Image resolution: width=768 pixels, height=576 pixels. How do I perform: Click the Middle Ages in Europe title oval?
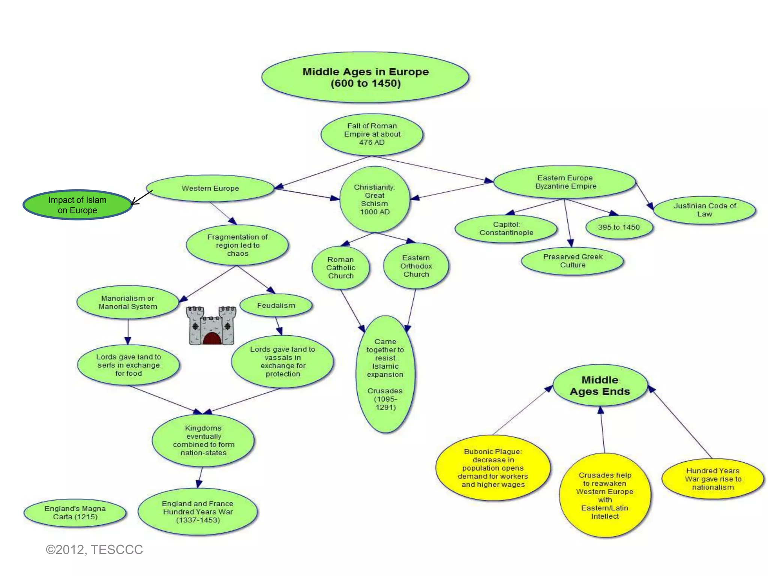click(x=365, y=77)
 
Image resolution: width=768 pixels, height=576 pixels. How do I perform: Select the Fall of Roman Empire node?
click(x=372, y=134)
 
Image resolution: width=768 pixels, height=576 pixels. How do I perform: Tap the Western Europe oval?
click(x=210, y=188)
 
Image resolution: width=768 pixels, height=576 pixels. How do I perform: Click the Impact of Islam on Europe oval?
click(x=77, y=205)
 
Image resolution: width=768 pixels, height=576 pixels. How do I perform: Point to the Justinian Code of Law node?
click(x=704, y=210)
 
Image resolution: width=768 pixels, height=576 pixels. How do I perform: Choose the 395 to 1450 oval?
click(x=619, y=227)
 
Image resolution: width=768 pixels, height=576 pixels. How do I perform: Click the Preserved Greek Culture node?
click(x=572, y=261)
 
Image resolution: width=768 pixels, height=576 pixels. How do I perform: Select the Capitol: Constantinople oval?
click(x=506, y=229)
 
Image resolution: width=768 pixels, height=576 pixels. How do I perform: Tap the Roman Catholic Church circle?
click(x=340, y=268)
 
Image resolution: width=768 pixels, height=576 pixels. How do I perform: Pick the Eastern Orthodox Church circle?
click(x=416, y=266)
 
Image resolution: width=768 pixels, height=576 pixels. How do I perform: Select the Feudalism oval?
click(x=276, y=306)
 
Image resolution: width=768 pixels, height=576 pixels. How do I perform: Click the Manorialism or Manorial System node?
click(x=128, y=302)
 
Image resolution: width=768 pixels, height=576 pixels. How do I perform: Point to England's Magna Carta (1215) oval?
click(x=75, y=513)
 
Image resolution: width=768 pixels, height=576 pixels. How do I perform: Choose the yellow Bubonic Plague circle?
click(x=492, y=468)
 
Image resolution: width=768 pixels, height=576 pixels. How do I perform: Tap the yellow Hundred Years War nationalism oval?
click(x=712, y=479)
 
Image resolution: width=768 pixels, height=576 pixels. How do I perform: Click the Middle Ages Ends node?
click(x=600, y=385)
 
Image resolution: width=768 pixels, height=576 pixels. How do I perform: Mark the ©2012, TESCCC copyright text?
click(x=94, y=550)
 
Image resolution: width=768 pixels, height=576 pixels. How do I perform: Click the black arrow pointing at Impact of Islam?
click(x=142, y=198)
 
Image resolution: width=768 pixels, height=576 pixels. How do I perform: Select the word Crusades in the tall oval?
click(x=385, y=391)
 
